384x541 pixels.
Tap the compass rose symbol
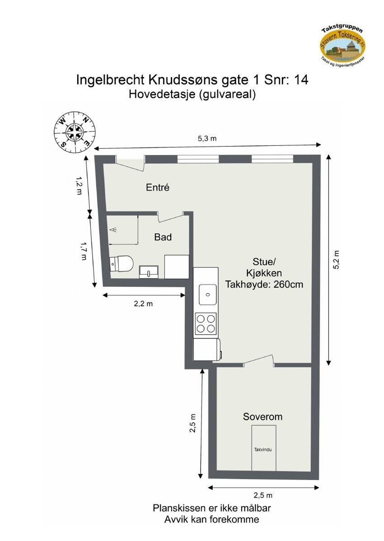tap(75, 132)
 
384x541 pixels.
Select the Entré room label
tap(158, 187)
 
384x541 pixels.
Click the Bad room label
tap(163, 237)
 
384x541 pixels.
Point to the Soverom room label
tap(262, 417)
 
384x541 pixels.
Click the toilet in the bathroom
tap(122, 264)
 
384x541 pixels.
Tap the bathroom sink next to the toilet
tap(149, 271)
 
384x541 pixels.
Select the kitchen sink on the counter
tap(207, 294)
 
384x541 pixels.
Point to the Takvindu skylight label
tap(264, 450)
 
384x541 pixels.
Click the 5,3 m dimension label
tap(207, 139)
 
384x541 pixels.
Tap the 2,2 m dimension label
tap(143, 304)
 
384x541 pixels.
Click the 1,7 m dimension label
tap(83, 251)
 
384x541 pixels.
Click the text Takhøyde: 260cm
tap(264, 285)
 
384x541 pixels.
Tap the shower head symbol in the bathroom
tap(114, 229)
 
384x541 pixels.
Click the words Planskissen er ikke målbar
tap(211, 508)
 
